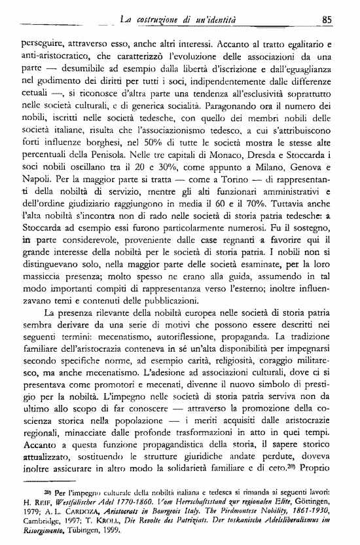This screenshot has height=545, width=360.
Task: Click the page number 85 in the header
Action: coord(329,20)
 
